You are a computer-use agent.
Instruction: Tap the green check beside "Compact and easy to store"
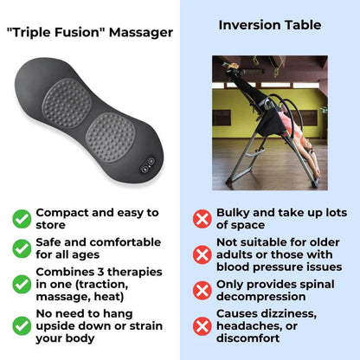[x=22, y=219]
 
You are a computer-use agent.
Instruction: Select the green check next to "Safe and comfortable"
[x=22, y=249]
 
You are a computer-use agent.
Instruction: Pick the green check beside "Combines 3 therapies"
[x=22, y=285]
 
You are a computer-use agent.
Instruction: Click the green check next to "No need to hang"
[x=22, y=325]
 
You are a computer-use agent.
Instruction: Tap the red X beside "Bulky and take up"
[x=202, y=219]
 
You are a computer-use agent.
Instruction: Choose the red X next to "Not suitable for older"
[x=202, y=254]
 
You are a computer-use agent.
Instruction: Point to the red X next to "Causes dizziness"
[x=202, y=325]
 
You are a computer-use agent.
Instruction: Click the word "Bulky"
[x=235, y=212]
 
